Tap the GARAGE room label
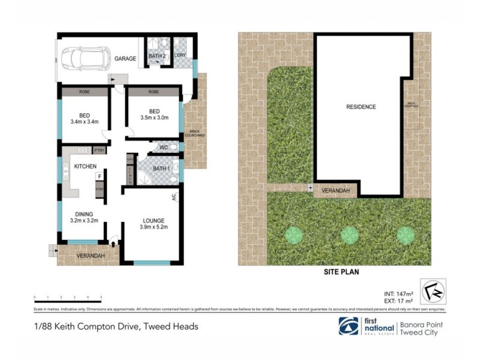pyautogui.click(x=125, y=59)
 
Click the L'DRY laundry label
pyautogui.click(x=180, y=56)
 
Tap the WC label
pyautogui.click(x=163, y=147)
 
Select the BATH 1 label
pyautogui.click(x=161, y=169)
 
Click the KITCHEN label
pyautogui.click(x=85, y=166)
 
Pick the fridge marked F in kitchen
pyautogui.click(x=100, y=177)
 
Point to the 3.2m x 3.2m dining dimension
pyautogui.click(x=83, y=220)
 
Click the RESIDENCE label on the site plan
pyautogui.click(x=361, y=107)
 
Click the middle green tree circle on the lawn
pyautogui.click(x=350, y=235)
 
